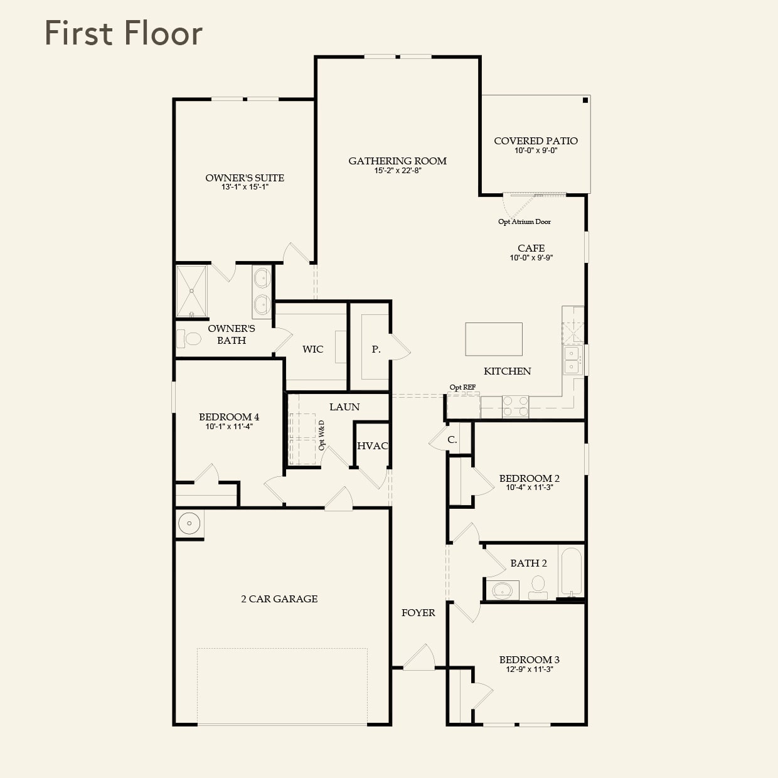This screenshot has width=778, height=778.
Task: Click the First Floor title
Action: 124,33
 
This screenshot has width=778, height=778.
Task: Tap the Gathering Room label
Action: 397,161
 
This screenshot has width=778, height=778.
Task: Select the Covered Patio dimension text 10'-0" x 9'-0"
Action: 535,151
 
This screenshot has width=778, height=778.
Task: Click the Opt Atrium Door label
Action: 525,221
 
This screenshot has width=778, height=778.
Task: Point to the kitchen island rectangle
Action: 494,339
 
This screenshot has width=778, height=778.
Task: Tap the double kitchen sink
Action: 572,360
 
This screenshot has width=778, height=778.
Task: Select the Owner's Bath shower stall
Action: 191,291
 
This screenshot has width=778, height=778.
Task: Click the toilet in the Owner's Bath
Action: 189,339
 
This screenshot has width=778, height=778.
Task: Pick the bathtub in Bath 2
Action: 571,572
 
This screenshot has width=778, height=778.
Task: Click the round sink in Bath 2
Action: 502,590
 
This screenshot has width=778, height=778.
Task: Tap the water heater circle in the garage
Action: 189,523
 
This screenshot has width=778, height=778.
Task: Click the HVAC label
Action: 373,446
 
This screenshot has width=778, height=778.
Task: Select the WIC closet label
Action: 312,349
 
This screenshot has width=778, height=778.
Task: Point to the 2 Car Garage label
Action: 279,599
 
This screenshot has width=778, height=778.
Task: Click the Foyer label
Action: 418,613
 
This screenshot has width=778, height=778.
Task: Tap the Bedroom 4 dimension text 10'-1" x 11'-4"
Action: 229,427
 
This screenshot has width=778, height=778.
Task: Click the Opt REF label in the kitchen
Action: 462,388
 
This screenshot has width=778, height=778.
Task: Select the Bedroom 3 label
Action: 529,659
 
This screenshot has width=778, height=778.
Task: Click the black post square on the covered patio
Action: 585,100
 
